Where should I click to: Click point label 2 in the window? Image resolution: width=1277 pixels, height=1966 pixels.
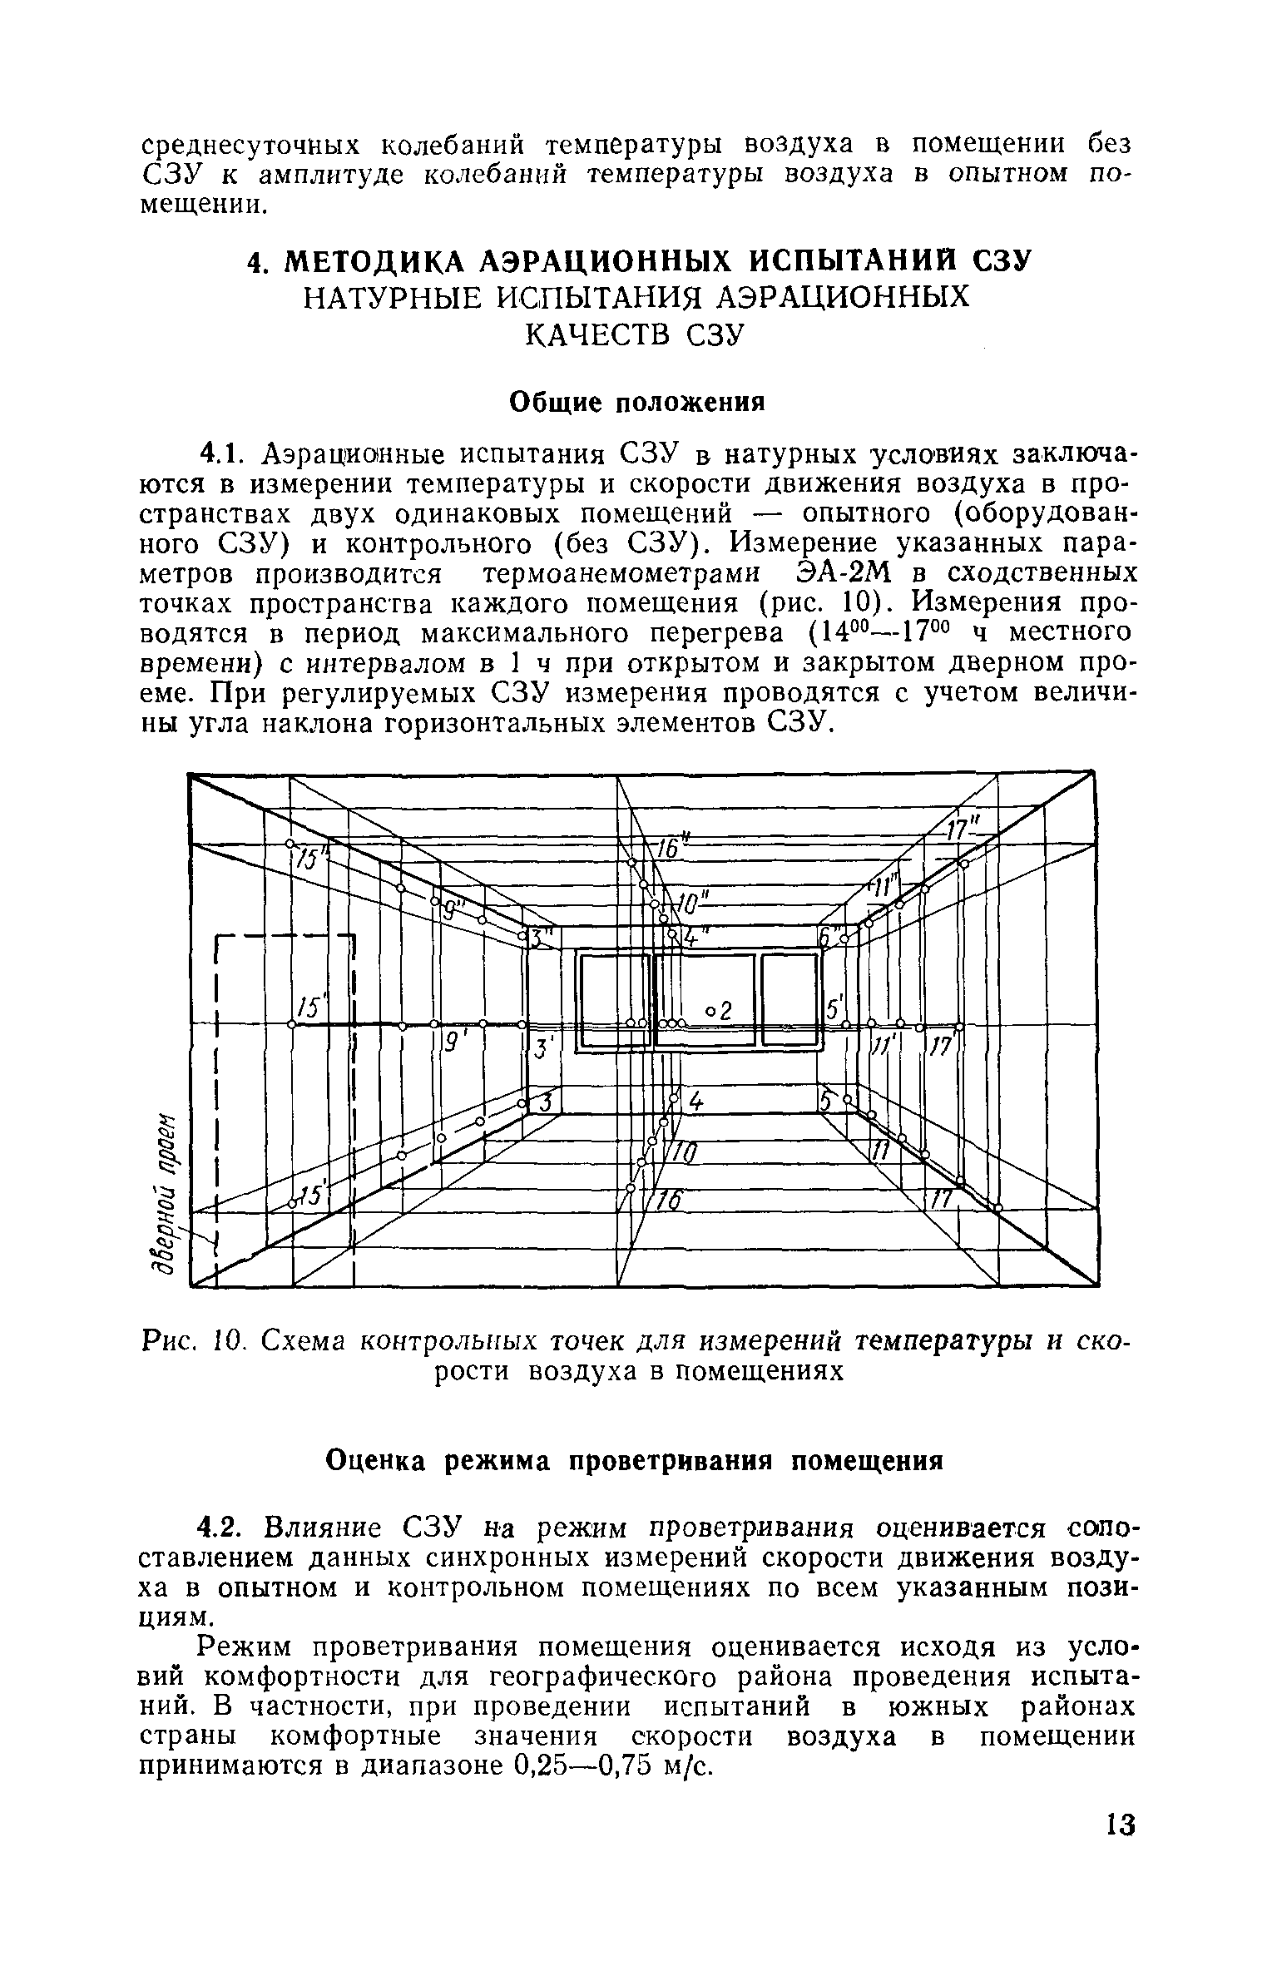pos(723,1011)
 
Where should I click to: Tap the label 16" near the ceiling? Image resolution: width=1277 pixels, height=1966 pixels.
pos(670,849)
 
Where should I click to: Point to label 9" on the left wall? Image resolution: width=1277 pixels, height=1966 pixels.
pos(454,910)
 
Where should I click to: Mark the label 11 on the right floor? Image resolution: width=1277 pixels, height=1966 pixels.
pos(879,1151)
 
